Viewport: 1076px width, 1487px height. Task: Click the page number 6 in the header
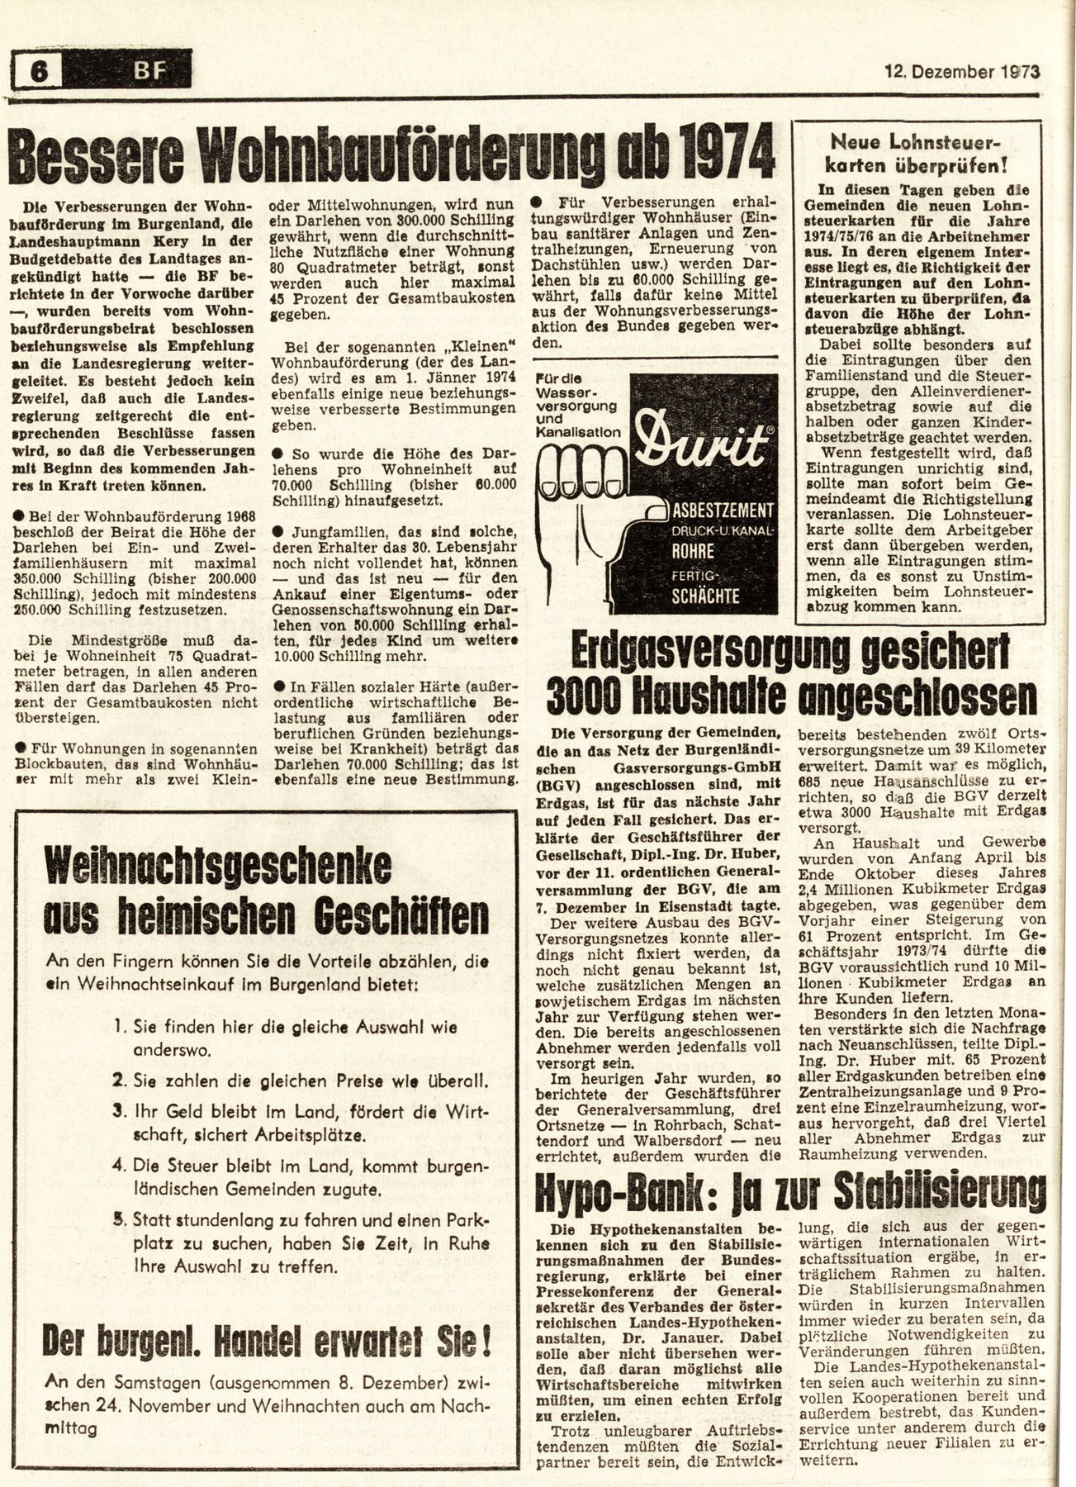[x=37, y=75]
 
